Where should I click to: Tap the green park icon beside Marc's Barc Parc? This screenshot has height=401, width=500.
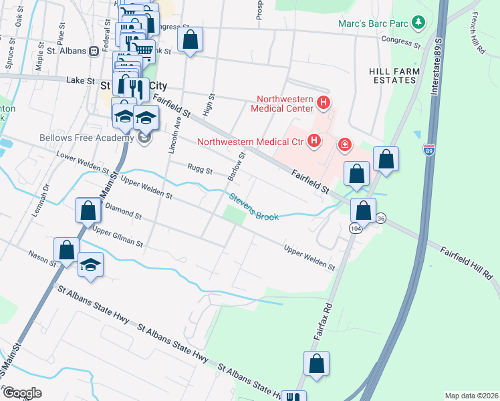point(418,23)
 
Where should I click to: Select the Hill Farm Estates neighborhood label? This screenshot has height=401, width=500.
point(394,76)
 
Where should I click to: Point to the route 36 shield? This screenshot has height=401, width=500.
point(380,218)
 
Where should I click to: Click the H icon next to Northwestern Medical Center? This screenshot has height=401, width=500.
point(324,103)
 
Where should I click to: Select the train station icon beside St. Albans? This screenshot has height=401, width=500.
point(94,50)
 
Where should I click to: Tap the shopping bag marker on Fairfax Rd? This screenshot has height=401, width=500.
point(317,364)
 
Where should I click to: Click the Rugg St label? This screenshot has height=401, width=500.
point(199,170)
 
